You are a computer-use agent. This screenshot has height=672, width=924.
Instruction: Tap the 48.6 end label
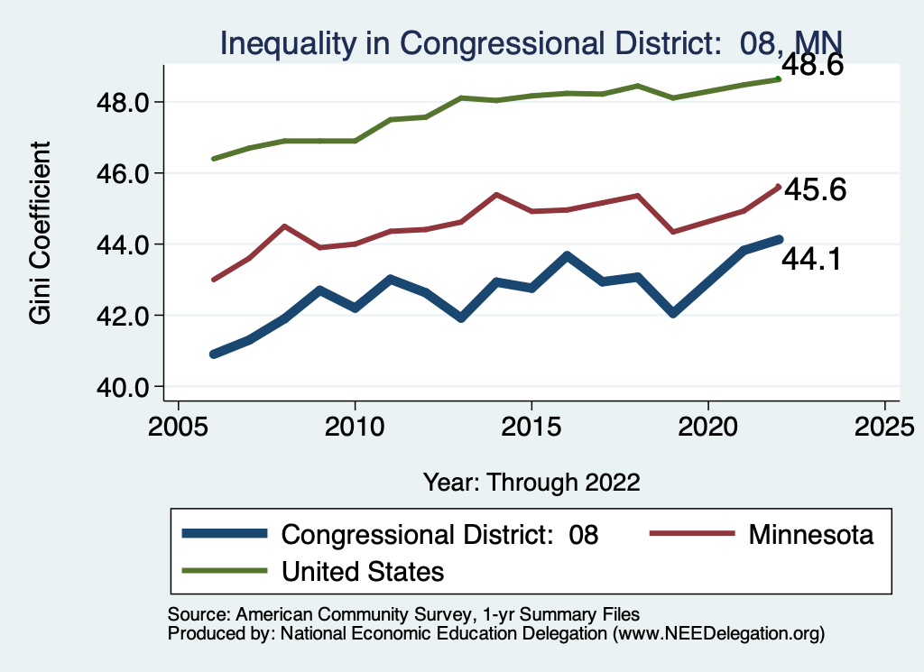click(x=811, y=65)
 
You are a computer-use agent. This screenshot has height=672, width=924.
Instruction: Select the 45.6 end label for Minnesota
click(x=814, y=190)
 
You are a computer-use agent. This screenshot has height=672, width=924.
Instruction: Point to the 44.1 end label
click(x=812, y=260)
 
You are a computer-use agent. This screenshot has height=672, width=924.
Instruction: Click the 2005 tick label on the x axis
click(x=178, y=423)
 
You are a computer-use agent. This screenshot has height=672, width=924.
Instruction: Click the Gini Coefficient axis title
click(x=40, y=233)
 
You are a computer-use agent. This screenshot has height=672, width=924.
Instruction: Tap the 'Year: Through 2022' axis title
click(x=531, y=482)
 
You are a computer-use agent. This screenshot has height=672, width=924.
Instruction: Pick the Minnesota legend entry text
click(x=811, y=535)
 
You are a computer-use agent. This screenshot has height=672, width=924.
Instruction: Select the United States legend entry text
click(x=363, y=571)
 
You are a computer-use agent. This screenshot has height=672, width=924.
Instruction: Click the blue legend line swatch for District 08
click(x=225, y=534)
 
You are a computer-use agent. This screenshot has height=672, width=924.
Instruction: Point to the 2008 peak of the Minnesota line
click(x=284, y=226)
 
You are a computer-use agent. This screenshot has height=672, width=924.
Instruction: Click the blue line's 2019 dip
click(x=673, y=312)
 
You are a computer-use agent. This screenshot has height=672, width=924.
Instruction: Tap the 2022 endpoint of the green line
click(x=779, y=79)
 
